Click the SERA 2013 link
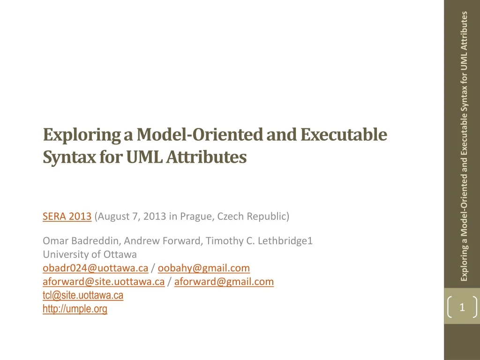pyautogui.click(x=67, y=217)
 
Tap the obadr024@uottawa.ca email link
pyautogui.click(x=96, y=268)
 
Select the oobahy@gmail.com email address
pyautogui.click(x=204, y=268)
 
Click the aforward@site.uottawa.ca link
pyautogui.click(x=104, y=282)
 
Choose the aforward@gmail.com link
pyautogui.click(x=224, y=282)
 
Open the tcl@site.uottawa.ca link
pyautogui.click(x=83, y=295)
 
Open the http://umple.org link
pyautogui.click(x=75, y=309)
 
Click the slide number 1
pyautogui.click(x=462, y=307)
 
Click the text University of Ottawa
pyautogui.click(x=90, y=255)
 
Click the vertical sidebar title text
pyautogui.click(x=464, y=145)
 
